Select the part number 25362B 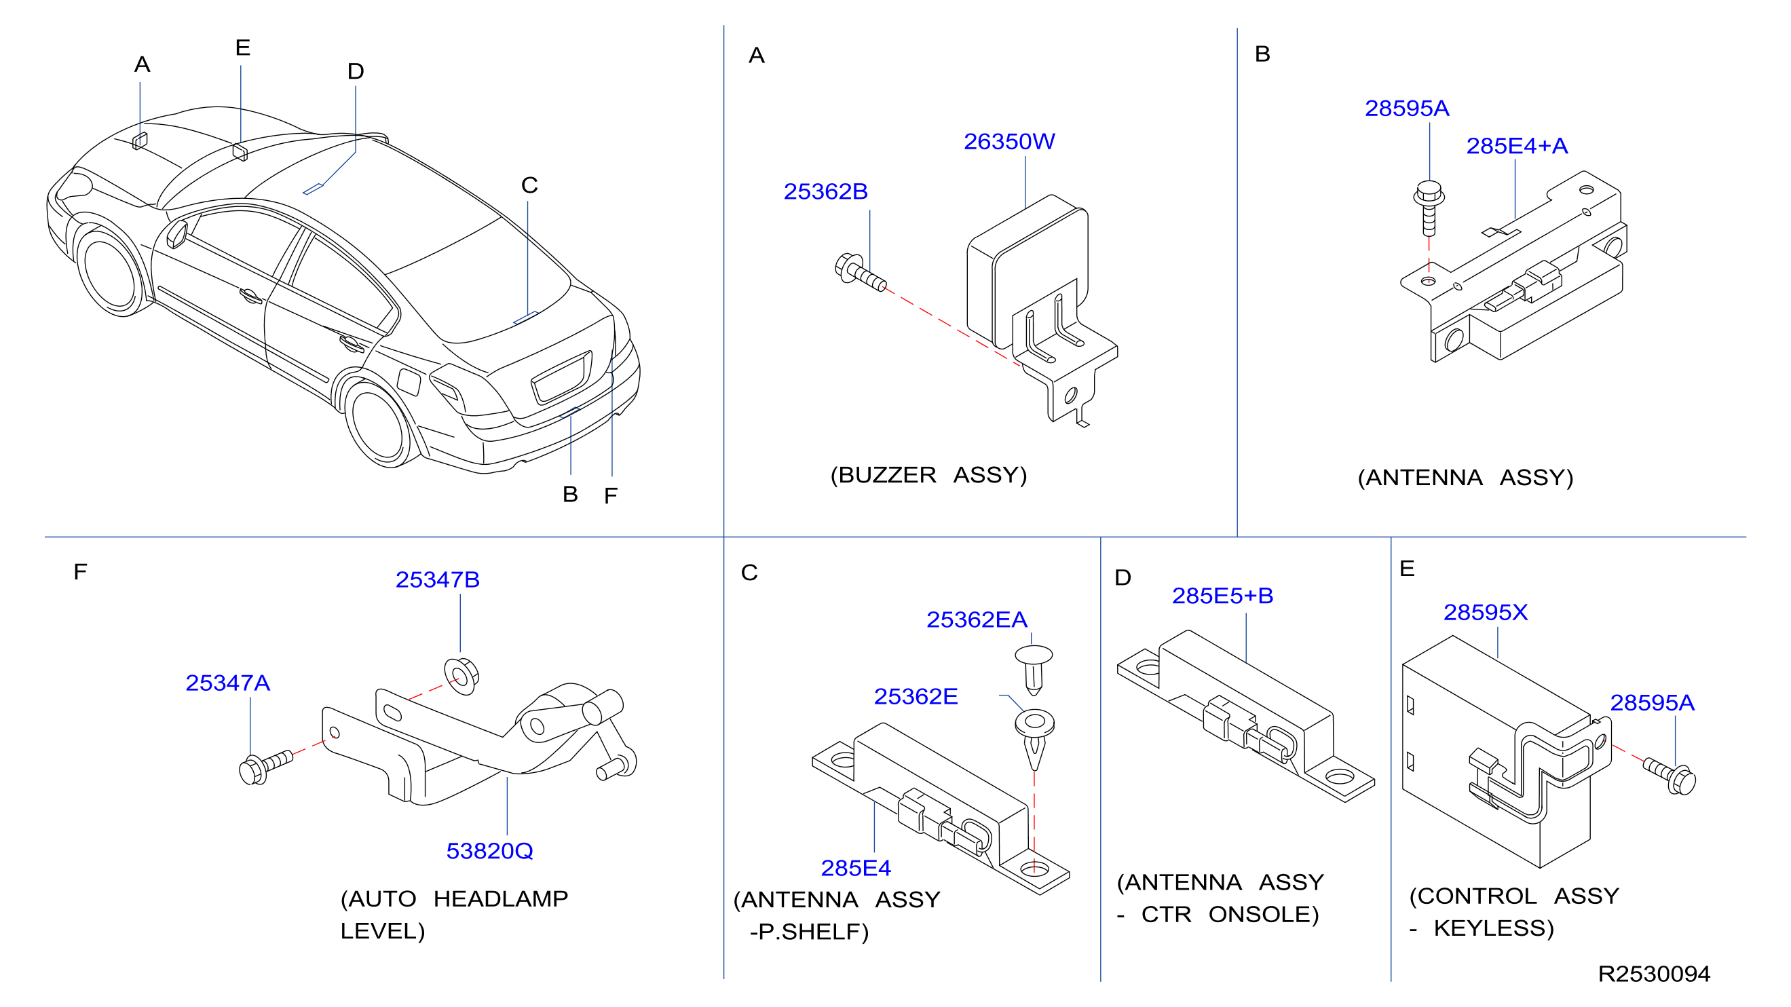coord(825,192)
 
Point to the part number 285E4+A coord(1516,146)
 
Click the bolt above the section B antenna coord(1429,208)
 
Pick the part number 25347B coord(437,579)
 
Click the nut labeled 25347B coord(461,675)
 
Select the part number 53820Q coord(489,851)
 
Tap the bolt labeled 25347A coord(265,767)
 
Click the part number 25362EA coord(976,620)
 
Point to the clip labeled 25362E coord(1034,738)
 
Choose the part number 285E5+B coord(1222,596)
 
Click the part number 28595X coord(1485,612)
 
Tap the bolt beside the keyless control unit coord(1670,776)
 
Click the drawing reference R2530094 coord(1654,974)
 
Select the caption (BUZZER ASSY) coord(928,476)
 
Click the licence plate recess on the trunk coord(562,378)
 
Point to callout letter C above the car coord(529,185)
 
